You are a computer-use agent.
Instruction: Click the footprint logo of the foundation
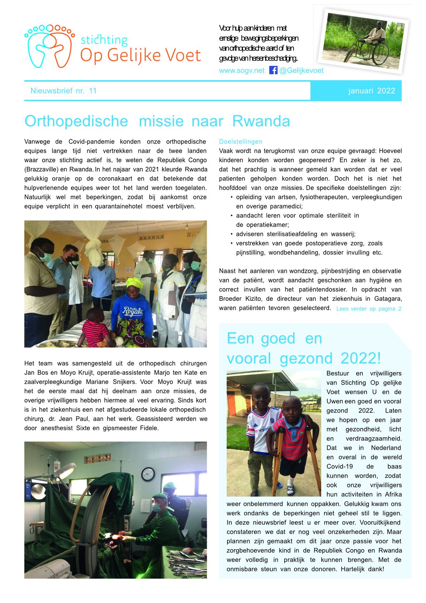point(49,46)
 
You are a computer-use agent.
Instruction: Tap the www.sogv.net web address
point(241,71)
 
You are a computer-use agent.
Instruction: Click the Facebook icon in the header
point(273,70)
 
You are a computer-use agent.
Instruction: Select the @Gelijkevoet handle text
point(301,71)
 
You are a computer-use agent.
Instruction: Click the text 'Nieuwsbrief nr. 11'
point(64,91)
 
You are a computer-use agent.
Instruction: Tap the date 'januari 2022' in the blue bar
point(372,91)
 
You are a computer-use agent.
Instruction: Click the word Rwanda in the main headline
point(261,121)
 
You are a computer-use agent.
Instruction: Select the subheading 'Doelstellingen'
point(241,142)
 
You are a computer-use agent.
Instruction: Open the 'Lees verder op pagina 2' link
point(369,309)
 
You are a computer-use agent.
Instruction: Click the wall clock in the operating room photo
point(148,474)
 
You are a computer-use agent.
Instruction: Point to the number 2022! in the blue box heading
point(361,358)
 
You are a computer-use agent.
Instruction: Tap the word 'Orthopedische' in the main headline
point(76,121)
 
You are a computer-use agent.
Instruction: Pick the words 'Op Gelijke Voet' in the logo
point(140,56)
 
